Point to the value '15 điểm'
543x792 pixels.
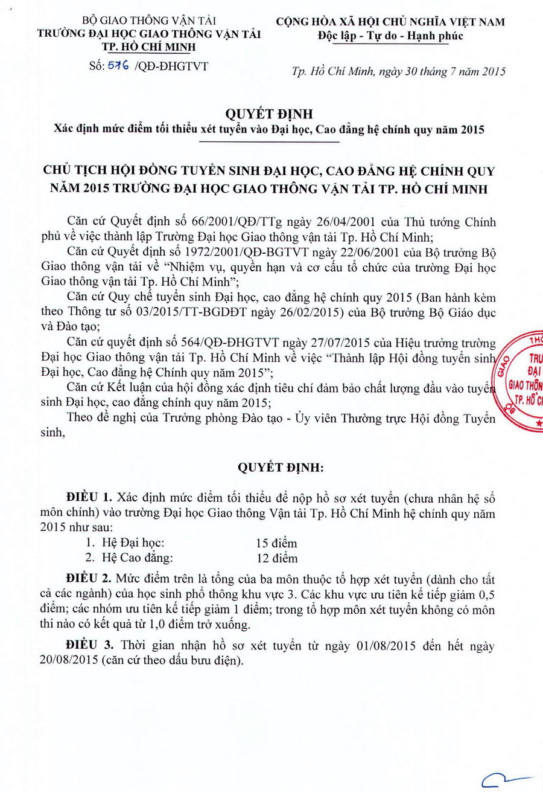pyautogui.click(x=276, y=542)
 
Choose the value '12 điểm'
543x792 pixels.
pyautogui.click(x=276, y=558)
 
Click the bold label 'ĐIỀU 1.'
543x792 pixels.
pyautogui.click(x=90, y=498)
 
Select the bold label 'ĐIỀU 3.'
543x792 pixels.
pyautogui.click(x=90, y=646)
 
